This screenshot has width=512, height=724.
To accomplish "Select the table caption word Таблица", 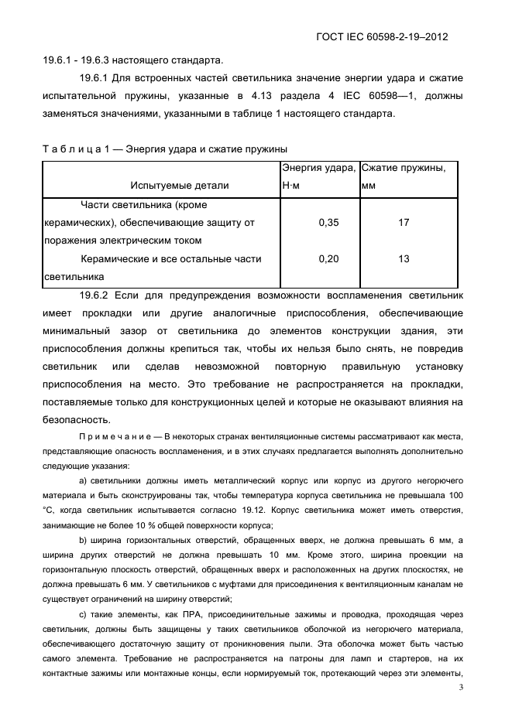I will [x=70, y=149].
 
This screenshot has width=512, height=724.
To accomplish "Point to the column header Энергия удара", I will [x=318, y=168].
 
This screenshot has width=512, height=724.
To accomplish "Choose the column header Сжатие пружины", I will [x=403, y=168].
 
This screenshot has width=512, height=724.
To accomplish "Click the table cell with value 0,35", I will [x=329, y=223].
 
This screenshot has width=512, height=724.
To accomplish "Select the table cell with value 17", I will [x=404, y=223].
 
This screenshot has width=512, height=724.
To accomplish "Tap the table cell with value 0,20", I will [x=329, y=259].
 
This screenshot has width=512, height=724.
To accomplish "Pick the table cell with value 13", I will [x=404, y=259].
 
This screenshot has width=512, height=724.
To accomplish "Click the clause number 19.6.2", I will [x=97, y=295].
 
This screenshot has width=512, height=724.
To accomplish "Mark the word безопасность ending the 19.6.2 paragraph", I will [x=75, y=420].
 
